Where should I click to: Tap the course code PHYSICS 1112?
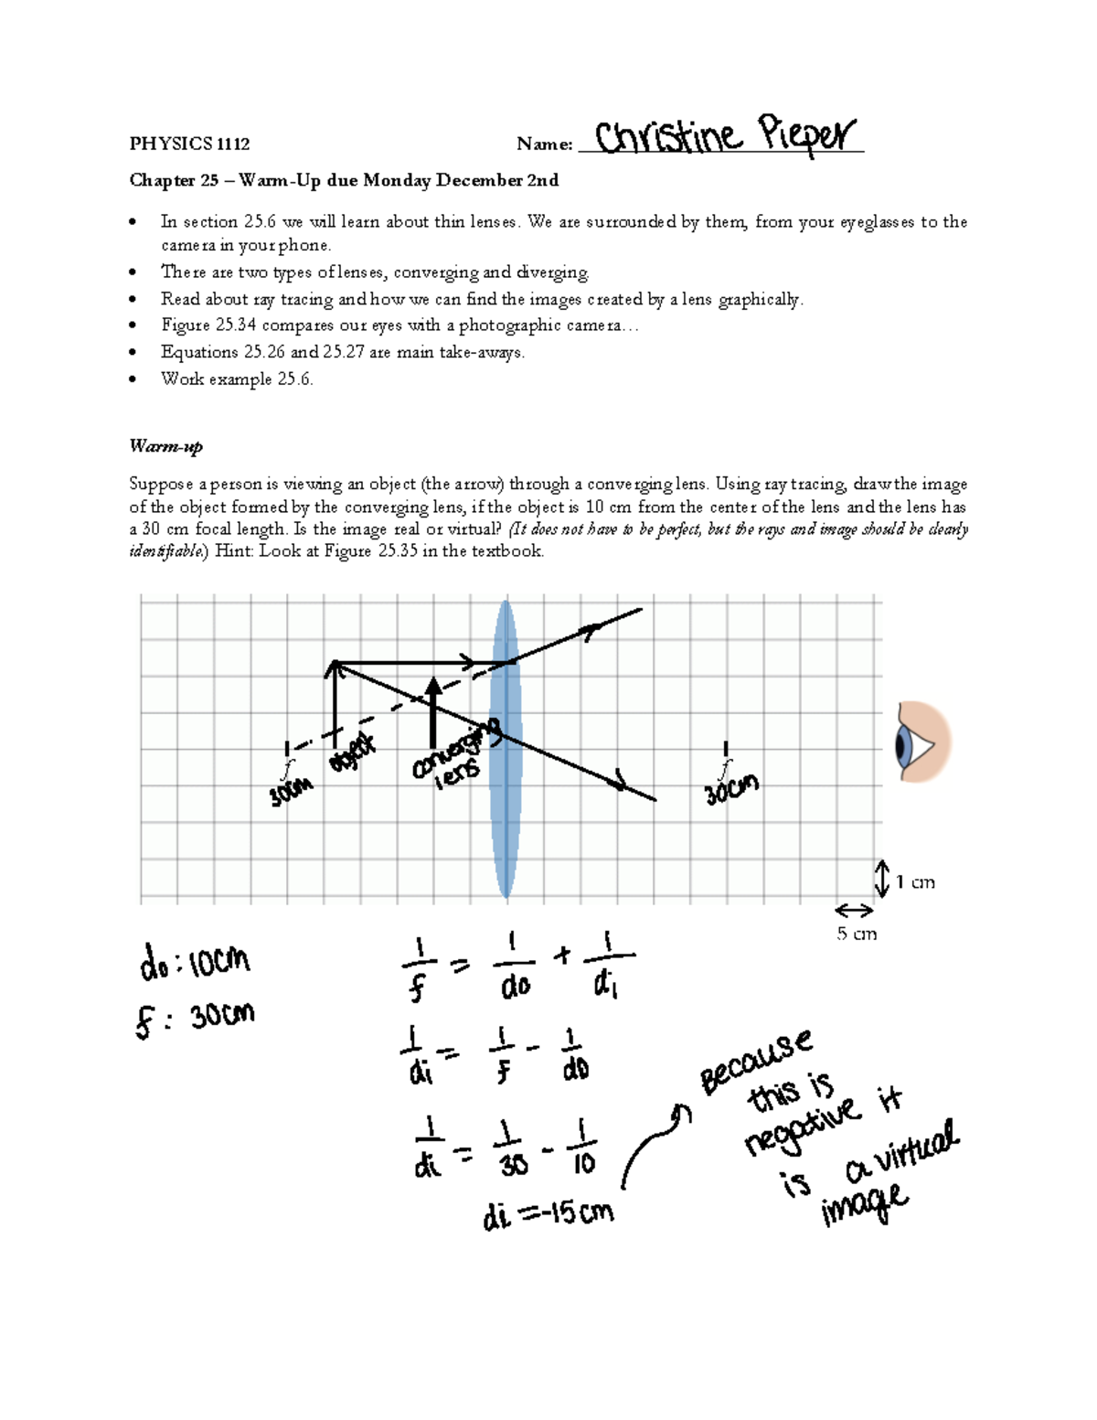(x=189, y=144)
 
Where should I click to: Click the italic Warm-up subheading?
(x=165, y=446)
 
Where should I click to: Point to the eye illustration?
(x=921, y=742)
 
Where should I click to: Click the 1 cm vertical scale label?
(x=914, y=882)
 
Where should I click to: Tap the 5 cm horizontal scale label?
(x=857, y=934)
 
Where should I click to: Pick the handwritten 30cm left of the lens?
(x=291, y=792)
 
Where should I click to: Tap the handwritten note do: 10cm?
(x=194, y=962)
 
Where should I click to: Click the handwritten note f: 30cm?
(x=195, y=1018)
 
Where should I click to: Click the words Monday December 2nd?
(x=461, y=180)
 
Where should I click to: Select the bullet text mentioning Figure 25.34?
(x=399, y=326)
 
